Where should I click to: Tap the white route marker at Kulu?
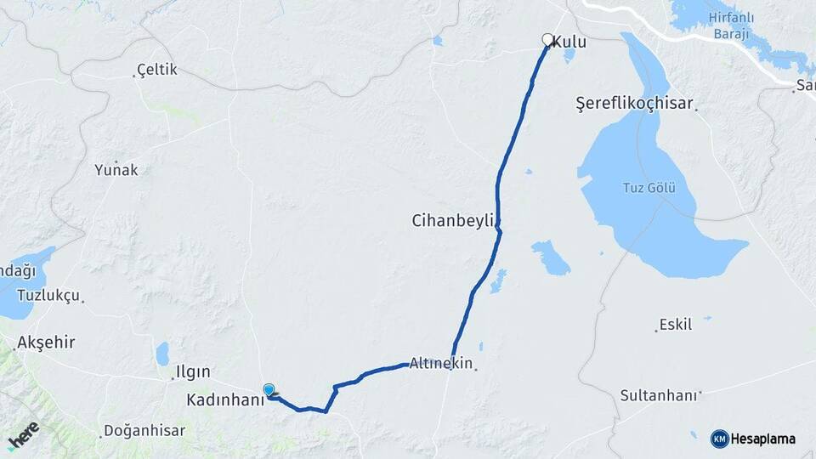[548, 39]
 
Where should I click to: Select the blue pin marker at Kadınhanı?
[269, 390]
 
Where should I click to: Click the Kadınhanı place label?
[226, 399]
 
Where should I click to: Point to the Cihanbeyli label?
[452, 221]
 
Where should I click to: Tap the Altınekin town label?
[440, 364]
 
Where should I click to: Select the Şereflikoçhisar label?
[634, 104]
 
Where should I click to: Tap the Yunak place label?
[116, 169]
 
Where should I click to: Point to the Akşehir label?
[46, 343]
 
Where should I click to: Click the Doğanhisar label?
[144, 431]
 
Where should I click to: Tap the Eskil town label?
[676, 325]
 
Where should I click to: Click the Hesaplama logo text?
[762, 439]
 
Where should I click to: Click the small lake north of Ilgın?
[162, 353]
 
